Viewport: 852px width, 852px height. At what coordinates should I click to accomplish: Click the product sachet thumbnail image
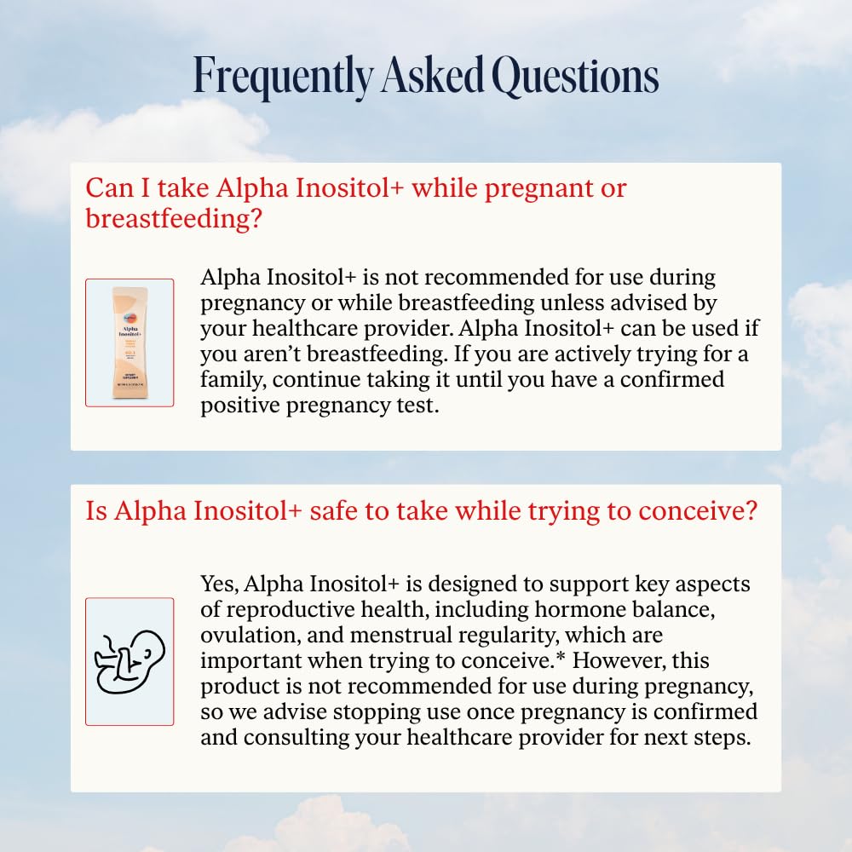[130, 343]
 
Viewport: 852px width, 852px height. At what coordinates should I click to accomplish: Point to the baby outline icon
[130, 661]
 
